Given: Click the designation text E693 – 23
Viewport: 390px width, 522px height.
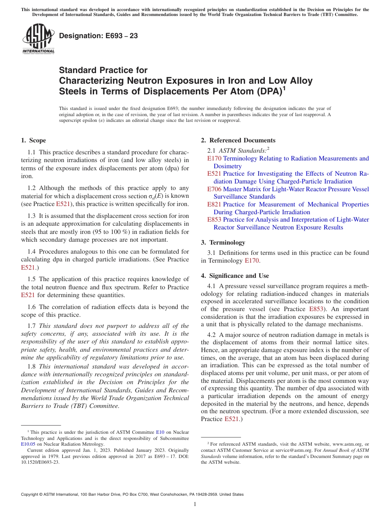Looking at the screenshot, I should (99, 36).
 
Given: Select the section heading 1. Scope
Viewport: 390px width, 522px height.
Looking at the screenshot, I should (34, 140).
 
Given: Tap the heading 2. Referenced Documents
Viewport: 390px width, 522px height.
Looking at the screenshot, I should (238, 140).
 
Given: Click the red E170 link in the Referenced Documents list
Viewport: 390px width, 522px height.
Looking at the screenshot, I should (214, 158).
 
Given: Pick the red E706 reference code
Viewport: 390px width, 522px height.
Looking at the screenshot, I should (214, 189).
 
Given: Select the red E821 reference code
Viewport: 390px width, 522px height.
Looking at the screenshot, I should (214, 204).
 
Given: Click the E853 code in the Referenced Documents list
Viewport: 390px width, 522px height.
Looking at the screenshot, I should (214, 220).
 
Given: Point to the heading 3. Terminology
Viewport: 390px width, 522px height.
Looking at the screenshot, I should (227, 243).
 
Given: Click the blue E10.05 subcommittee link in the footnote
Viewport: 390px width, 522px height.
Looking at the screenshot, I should (28, 444).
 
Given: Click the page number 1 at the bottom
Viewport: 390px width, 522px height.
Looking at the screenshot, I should (195, 504).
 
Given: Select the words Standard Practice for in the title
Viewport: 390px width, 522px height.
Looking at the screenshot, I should (103, 70).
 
